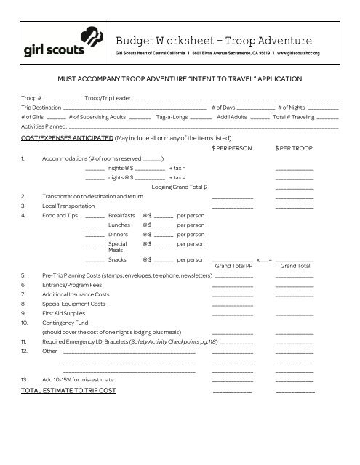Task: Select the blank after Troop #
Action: pos(60,97)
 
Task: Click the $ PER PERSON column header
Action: pos(230,148)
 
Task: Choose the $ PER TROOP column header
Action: pos(294,148)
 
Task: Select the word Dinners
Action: pos(119,235)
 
